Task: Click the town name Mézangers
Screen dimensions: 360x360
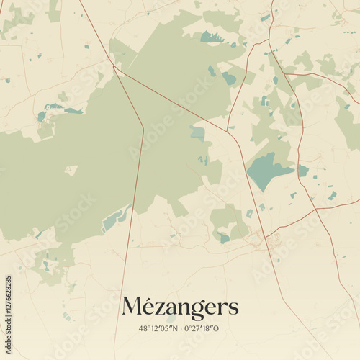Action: tap(180, 307)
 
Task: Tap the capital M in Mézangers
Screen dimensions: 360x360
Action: tap(132, 307)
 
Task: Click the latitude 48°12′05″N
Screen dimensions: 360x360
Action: tap(154, 328)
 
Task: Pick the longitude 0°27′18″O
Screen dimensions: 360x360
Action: tap(203, 328)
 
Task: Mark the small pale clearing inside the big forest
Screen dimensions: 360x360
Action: tap(71, 171)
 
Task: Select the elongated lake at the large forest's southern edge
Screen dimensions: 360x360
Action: tap(115, 217)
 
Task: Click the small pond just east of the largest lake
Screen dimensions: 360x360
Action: tap(303, 171)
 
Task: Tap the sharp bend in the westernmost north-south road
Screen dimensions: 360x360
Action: tap(143, 130)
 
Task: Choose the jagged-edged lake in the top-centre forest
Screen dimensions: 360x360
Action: tap(212, 36)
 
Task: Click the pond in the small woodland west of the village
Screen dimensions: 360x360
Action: tap(225, 238)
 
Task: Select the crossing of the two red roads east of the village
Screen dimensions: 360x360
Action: tap(315, 210)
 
